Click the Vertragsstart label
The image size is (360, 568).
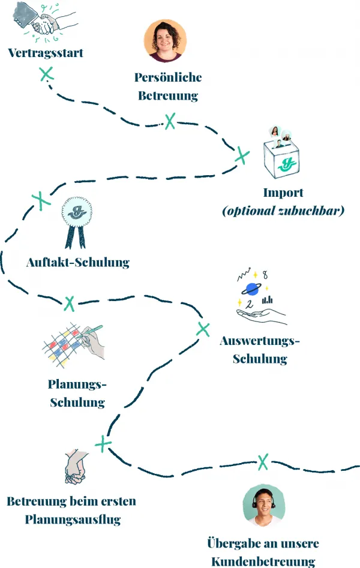[46, 53]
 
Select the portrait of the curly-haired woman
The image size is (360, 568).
[165, 41]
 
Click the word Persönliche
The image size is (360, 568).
[168, 77]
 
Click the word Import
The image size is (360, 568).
[283, 193]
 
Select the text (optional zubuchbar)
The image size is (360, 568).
[283, 211]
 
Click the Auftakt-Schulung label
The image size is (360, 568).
[78, 262]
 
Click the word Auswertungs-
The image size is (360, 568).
[260, 341]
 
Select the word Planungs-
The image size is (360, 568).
[77, 384]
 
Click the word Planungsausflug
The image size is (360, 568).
[73, 519]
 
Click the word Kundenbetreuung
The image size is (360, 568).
[263, 561]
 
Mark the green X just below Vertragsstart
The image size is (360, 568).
[46, 74]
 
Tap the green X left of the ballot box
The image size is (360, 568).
[242, 155]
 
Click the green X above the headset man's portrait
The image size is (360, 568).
[263, 461]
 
